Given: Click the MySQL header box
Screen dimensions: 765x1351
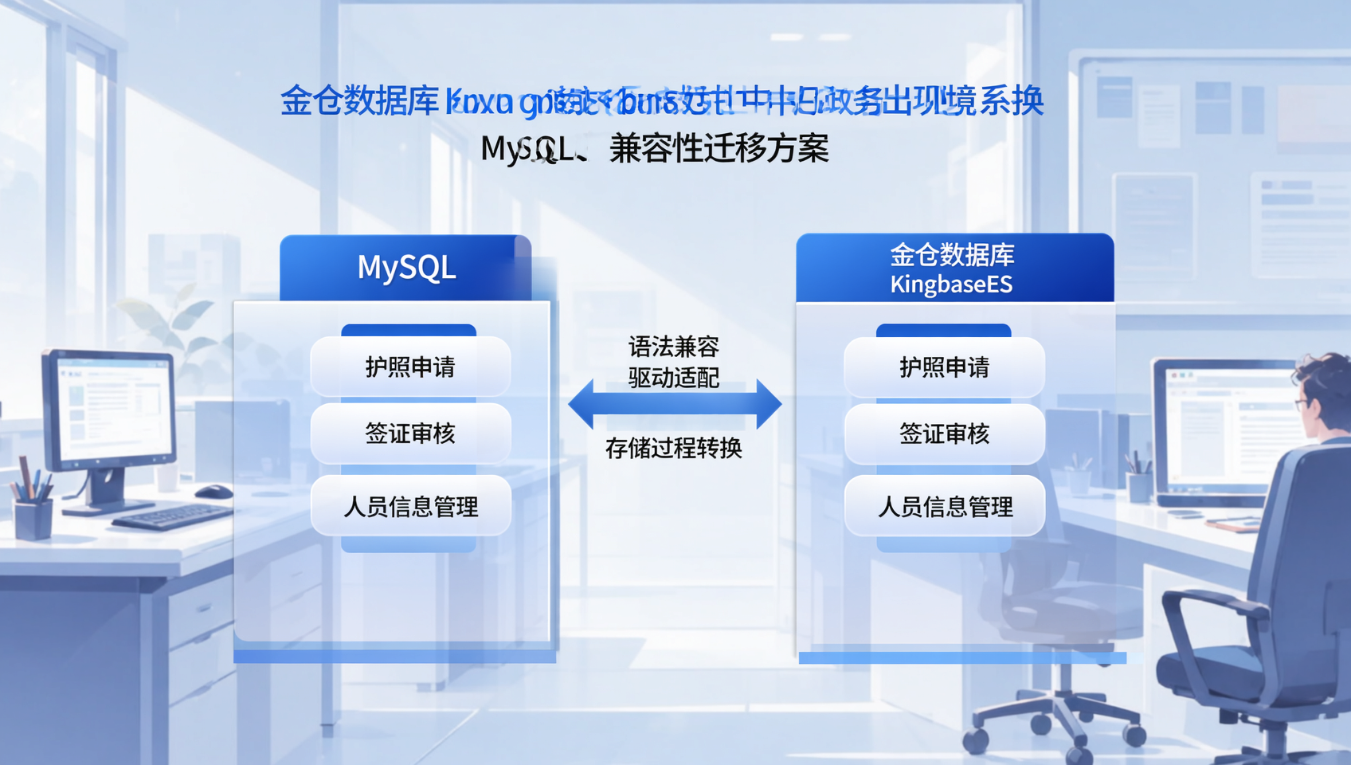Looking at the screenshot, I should [405, 268].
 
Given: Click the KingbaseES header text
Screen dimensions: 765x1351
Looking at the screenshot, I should [951, 284].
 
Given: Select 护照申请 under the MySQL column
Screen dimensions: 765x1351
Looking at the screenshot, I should [409, 367].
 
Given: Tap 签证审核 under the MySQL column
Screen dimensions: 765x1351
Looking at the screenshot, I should [409, 434].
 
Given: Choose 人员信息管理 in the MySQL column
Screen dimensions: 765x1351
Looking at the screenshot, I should [409, 507].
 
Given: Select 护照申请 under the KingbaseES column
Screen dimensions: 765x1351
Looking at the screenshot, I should [944, 367].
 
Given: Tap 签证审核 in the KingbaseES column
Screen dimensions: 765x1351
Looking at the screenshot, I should [944, 434].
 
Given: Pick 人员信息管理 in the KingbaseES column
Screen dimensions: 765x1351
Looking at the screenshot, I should [944, 507].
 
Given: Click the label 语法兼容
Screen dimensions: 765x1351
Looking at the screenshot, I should [674, 347].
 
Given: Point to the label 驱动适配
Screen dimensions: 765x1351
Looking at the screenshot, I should [674, 378].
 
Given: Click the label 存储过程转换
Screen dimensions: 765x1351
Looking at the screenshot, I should [674, 449].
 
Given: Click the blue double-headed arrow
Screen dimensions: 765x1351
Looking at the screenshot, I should [674, 404].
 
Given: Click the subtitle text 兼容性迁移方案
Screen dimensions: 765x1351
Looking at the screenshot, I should [719, 149].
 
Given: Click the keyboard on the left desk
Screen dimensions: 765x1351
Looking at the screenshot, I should [171, 517].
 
